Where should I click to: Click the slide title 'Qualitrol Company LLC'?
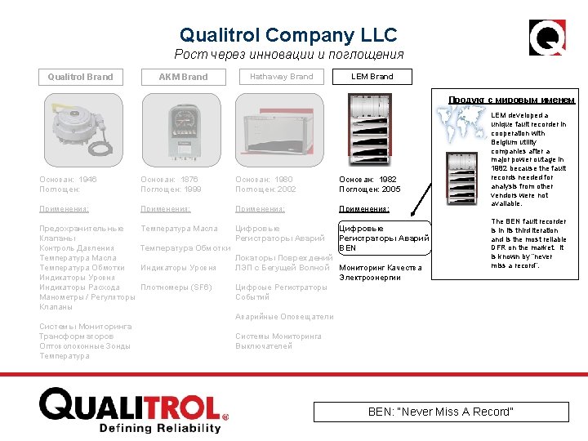coord(288,35)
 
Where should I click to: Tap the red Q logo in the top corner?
coord(547,37)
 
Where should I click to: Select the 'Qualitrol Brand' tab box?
coord(80,77)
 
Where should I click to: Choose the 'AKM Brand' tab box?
coord(183,77)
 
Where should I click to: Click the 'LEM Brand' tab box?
coord(372,77)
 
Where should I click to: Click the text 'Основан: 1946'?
coord(68,179)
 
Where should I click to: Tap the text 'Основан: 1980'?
coord(264,179)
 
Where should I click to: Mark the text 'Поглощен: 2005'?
coord(370,189)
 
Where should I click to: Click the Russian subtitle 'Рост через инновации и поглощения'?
coord(288,55)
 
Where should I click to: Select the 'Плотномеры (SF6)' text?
coord(176,287)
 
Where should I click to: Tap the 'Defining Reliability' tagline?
coord(159,427)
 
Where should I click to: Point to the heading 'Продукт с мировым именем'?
coord(511,100)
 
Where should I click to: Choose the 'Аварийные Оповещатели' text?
coord(284,317)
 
